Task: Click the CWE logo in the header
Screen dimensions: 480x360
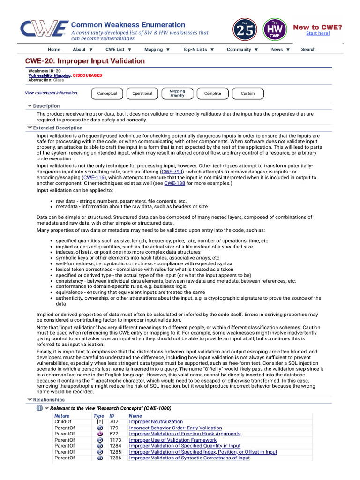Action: tap(42, 29)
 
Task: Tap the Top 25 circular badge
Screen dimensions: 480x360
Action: tap(245, 30)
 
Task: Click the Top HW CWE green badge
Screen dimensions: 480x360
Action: tap(276, 30)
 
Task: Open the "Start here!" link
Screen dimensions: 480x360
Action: tap(318, 33)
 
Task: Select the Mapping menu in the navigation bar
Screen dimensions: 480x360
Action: tap(157, 49)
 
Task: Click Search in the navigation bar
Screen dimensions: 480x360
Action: tap(308, 49)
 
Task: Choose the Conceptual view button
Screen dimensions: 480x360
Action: tap(107, 93)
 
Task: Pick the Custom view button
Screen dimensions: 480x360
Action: tap(248, 93)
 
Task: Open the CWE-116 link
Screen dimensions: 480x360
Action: tap(94, 178)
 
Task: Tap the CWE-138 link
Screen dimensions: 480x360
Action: tap(174, 183)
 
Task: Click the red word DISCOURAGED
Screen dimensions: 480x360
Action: tap(88, 75)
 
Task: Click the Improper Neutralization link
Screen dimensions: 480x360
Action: tap(156, 422)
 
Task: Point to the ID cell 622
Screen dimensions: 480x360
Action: tap(114, 434)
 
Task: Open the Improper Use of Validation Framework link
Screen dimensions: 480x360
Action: tap(173, 440)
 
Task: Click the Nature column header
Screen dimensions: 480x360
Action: tap(62, 416)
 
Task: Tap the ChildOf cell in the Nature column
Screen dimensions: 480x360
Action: tap(63, 422)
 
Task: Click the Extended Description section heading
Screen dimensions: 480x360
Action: tap(58, 128)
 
